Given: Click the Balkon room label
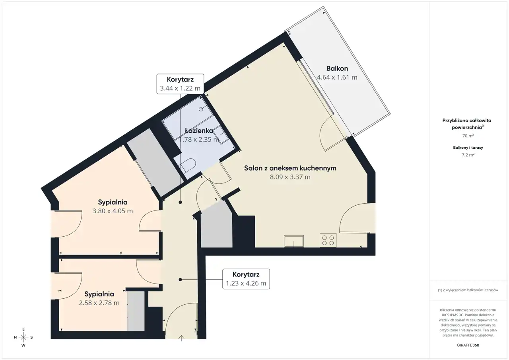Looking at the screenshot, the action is click(337, 68).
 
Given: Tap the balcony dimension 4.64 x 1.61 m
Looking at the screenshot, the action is click(337, 77).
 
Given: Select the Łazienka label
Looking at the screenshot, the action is click(199, 130).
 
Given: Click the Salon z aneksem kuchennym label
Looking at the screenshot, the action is click(290, 168).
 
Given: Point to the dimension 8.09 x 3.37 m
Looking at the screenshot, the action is click(290, 177).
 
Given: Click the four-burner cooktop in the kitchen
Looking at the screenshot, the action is click(328, 240).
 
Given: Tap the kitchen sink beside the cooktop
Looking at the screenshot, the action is click(294, 241).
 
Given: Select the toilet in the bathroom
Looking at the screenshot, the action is click(188, 165).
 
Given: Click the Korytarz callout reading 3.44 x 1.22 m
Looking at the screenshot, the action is click(180, 84).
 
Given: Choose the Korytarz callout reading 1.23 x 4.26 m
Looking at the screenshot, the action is click(246, 279).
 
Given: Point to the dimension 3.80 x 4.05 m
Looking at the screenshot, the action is click(113, 211).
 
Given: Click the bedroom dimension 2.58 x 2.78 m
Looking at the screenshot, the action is click(99, 303).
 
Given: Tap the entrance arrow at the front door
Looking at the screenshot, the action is click(181, 338).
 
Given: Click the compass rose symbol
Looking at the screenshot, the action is click(23, 337).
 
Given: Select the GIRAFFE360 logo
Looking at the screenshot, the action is click(468, 345).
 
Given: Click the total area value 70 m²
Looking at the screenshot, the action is click(468, 136).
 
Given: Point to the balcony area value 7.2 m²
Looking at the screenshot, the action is click(468, 155).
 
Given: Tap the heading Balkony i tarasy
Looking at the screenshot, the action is click(468, 148).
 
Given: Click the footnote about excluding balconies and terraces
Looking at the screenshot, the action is click(468, 290).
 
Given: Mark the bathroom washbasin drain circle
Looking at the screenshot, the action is click(201, 109).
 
